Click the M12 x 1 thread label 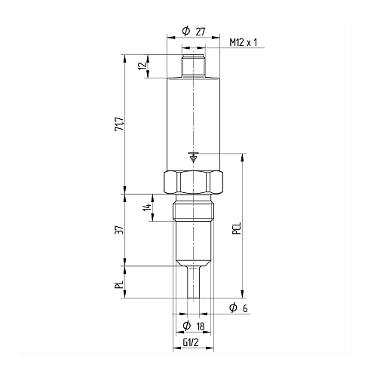point(244,42)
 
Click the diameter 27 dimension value point(201,32)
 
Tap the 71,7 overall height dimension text point(119,124)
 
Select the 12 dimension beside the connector point(143,66)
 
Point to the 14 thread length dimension point(147,207)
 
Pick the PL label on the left point(119,285)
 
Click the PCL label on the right point(237,228)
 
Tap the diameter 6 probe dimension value point(245,308)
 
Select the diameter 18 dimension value point(201,326)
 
